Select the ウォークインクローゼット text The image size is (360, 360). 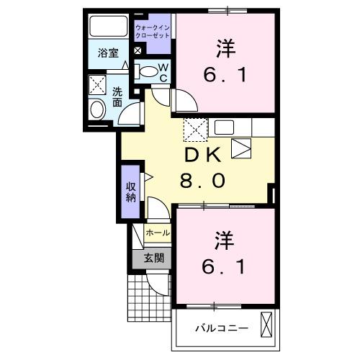pyautogui.click(x=153, y=31)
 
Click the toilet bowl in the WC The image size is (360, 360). pyautogui.click(x=147, y=71)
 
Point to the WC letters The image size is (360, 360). pyautogui.click(x=163, y=73)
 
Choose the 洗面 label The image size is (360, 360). pyautogui.click(x=117, y=97)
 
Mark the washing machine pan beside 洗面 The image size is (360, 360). pyautogui.click(x=96, y=85)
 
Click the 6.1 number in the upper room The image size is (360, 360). pyautogui.click(x=224, y=75)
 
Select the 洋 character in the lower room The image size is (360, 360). pyautogui.click(x=223, y=238)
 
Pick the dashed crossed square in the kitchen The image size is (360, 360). pyautogui.click(x=194, y=130)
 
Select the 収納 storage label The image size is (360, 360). pyautogui.click(x=130, y=191)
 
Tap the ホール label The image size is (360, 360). pyautogui.click(x=158, y=233)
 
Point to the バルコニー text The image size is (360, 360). pyautogui.click(x=223, y=328)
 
